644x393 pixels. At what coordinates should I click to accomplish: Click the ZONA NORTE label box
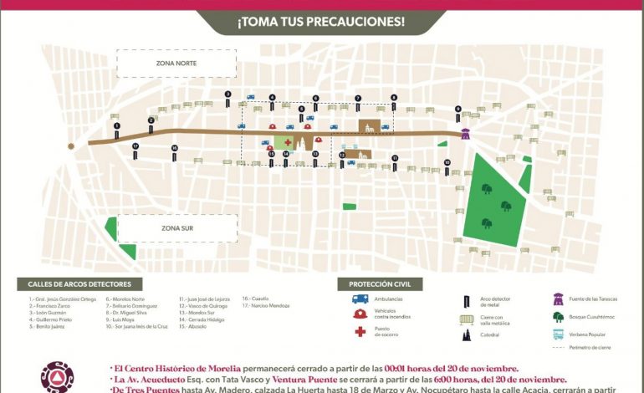pyautogui.click(x=176, y=64)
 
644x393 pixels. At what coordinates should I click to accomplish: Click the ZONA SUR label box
pyautogui.click(x=176, y=227)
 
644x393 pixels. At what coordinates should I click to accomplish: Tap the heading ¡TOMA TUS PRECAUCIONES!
pyautogui.click(x=321, y=22)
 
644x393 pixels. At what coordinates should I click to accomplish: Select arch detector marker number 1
pyautogui.click(x=117, y=128)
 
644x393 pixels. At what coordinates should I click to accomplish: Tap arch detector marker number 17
pyautogui.click(x=135, y=148)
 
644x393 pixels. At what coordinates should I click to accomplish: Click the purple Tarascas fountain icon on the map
pyautogui.click(x=466, y=132)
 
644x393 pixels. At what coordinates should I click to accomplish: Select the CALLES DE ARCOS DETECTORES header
pyautogui.click(x=79, y=284)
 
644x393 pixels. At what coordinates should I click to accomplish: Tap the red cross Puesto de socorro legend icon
pyautogui.click(x=360, y=331)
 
